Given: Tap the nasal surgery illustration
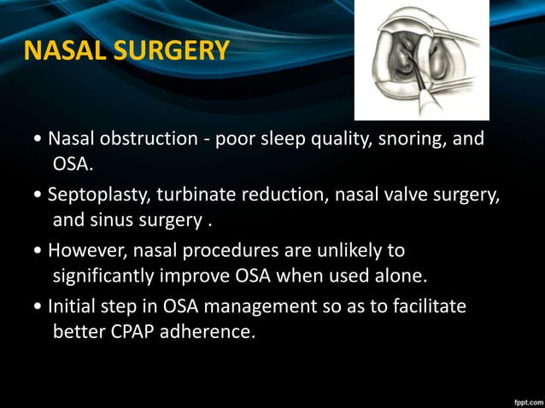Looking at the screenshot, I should pyautogui.click(x=422, y=60).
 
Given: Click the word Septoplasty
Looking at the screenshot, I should pyautogui.click(x=97, y=195).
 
